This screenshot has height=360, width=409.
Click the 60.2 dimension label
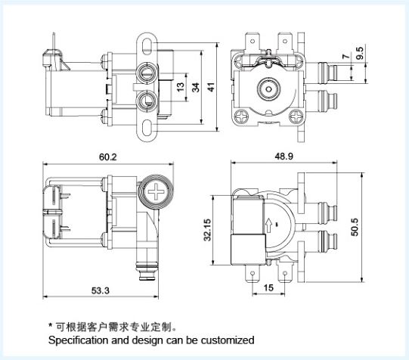point(108,157)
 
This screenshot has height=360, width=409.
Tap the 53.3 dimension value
point(101,290)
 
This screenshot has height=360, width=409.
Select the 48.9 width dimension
point(284,157)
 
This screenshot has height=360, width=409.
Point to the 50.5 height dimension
point(355,227)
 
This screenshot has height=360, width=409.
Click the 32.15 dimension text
point(207,230)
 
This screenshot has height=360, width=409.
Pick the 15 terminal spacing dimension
point(268,287)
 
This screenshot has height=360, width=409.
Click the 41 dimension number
point(211,87)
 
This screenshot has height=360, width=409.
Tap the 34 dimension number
point(196,88)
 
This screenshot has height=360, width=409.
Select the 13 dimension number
point(181,87)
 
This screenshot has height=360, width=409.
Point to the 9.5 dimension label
point(360,53)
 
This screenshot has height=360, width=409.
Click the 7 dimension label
point(346,57)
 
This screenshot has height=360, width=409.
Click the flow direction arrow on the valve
point(268,225)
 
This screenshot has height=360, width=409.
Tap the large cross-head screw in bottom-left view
point(156,192)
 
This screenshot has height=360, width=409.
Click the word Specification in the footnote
point(79,340)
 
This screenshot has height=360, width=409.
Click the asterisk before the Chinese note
point(51,325)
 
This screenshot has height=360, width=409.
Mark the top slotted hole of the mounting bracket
point(147,46)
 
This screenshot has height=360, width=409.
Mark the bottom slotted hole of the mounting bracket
point(147,128)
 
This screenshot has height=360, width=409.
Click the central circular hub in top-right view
point(268,89)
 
